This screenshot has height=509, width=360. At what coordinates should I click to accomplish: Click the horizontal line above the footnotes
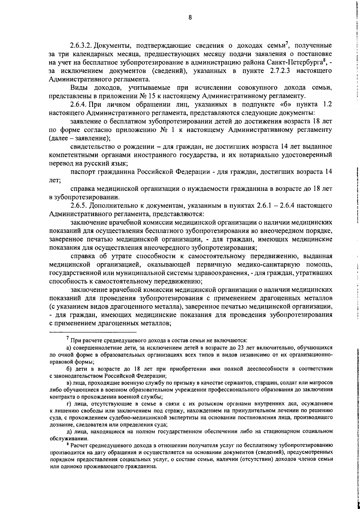coord(93,333)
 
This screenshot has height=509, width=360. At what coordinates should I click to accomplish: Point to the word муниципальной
coord(118,273)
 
